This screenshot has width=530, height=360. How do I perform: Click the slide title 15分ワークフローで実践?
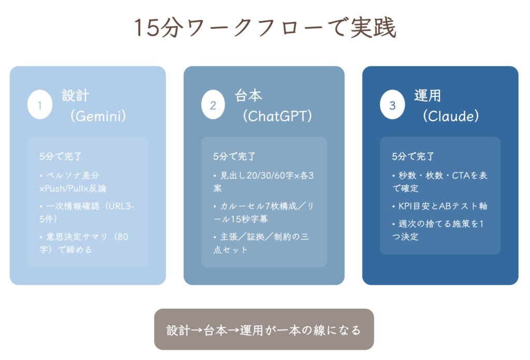coord(265,28)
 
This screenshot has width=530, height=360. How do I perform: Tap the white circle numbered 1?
coord(40,105)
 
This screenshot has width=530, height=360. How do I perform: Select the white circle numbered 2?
coord(213,105)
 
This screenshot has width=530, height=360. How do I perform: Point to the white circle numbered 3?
coord(392,105)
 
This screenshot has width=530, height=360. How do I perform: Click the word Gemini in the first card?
coord(98,117)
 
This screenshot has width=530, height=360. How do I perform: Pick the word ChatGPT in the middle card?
coord(277,117)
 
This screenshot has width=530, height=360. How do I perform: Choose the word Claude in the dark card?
coord(451,117)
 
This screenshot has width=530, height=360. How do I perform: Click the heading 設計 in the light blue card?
coord(76,96)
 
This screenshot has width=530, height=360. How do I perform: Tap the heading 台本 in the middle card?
coord(248,96)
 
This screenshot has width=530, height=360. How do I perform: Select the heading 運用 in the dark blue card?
coord(428,96)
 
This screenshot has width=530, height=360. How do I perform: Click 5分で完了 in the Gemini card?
coord(61,156)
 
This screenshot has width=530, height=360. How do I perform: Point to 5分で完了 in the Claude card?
coord(413,156)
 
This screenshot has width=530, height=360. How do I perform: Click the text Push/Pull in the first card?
coord(64,189)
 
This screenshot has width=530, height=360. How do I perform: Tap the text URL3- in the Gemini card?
coord(122,206)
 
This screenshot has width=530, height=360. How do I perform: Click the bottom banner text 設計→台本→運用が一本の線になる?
coord(263,330)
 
